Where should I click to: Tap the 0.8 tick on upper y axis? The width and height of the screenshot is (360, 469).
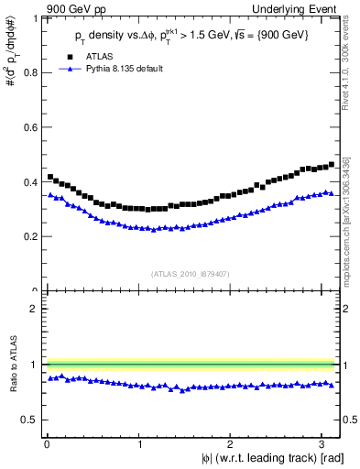32,73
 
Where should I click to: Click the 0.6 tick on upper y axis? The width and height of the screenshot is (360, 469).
32,127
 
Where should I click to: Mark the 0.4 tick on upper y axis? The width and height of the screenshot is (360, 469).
32,181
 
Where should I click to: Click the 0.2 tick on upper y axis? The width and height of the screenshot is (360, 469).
32,236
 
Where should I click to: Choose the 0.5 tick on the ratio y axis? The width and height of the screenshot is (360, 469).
32,420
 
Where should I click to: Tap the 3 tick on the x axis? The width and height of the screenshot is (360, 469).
324,442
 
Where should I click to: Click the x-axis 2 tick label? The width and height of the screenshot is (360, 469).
232,442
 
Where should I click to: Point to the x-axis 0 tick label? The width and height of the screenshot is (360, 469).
47,442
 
